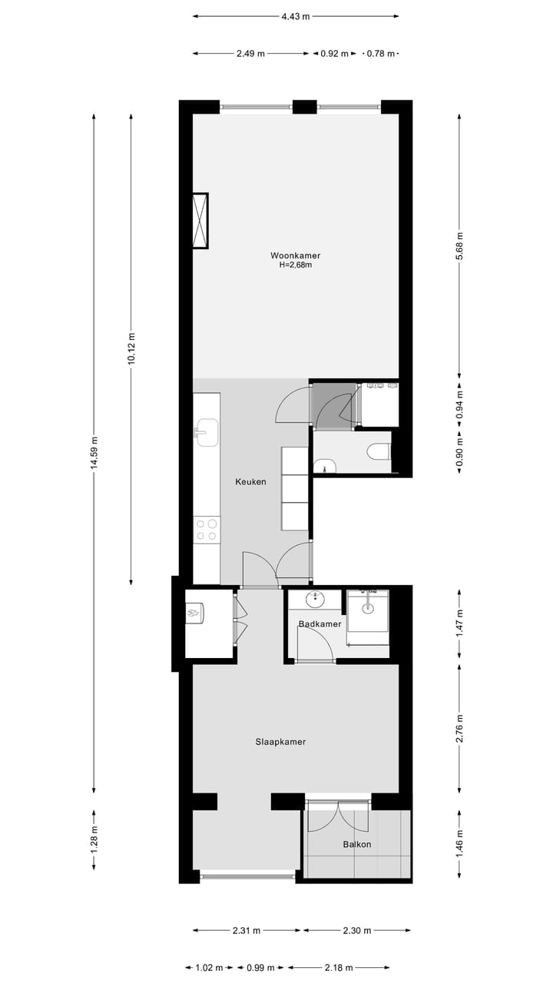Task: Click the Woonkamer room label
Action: (x=295, y=255)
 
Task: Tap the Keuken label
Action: (x=250, y=482)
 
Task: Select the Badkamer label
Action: (x=320, y=624)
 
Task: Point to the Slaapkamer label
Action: (x=280, y=742)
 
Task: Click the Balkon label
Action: (x=357, y=844)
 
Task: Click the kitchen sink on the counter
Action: (x=206, y=432)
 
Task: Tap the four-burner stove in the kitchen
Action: (x=206, y=530)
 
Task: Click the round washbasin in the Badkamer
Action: (x=315, y=598)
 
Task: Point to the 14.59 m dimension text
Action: (x=94, y=453)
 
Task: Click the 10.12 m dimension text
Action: (x=131, y=348)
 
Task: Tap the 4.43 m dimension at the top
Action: (x=296, y=15)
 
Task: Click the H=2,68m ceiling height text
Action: (x=295, y=265)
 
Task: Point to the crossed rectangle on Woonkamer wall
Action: (x=200, y=221)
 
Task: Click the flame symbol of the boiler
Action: (x=197, y=613)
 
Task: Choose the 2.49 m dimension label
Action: (x=250, y=54)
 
